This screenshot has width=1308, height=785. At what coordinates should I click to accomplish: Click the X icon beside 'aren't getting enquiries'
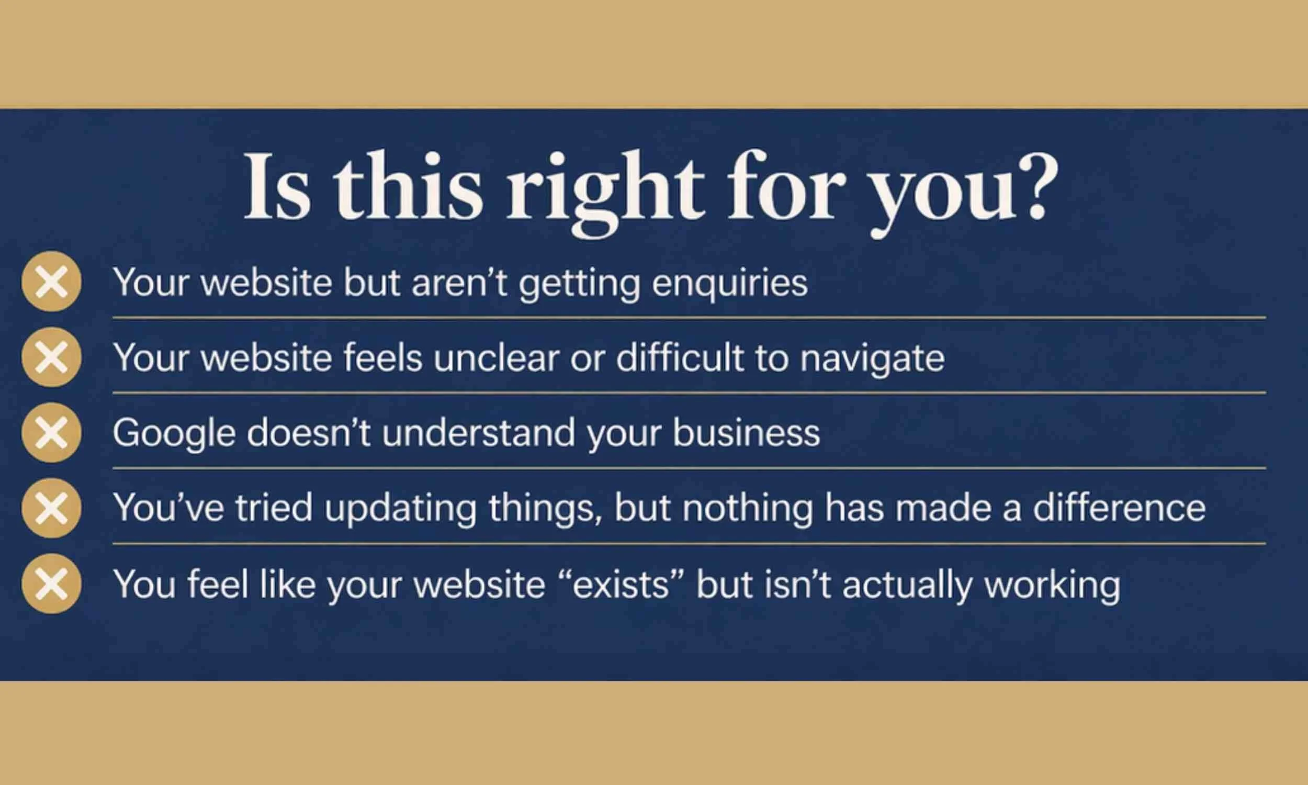[x=51, y=282]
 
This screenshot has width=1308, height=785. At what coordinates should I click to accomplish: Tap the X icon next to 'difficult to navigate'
[x=51, y=357]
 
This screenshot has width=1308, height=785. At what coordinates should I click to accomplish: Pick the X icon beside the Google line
[x=51, y=433]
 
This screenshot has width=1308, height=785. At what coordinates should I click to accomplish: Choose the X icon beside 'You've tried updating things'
[x=51, y=508]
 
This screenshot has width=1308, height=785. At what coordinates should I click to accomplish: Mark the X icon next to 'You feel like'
[x=51, y=584]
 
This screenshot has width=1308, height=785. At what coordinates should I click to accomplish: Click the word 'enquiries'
[x=730, y=283]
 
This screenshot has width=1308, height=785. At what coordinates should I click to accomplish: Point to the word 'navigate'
[x=872, y=358]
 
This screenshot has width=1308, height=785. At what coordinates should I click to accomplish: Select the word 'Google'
[x=174, y=434]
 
